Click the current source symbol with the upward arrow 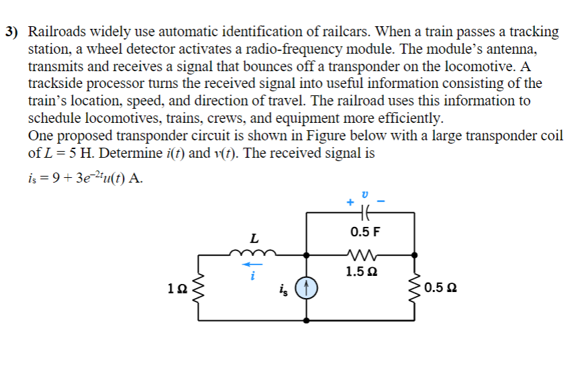pos(307,289)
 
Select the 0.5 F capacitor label pos(365,232)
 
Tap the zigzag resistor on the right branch pos(416,289)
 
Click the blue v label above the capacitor pos(365,193)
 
